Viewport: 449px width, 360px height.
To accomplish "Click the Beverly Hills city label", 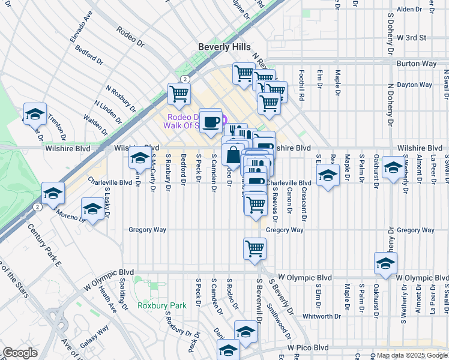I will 224,47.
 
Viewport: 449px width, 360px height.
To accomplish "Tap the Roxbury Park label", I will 161,305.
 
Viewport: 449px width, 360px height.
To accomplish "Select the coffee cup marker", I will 210,122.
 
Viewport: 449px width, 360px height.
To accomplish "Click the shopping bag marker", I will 233,154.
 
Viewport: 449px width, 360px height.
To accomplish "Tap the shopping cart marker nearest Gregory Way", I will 255,248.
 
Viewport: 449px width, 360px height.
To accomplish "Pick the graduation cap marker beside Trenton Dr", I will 35,114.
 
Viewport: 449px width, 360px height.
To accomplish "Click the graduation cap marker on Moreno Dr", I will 92,209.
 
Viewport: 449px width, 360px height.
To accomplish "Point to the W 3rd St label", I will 411,37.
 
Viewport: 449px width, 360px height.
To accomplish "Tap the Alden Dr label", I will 410,10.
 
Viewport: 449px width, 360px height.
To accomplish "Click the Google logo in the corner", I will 19,353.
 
